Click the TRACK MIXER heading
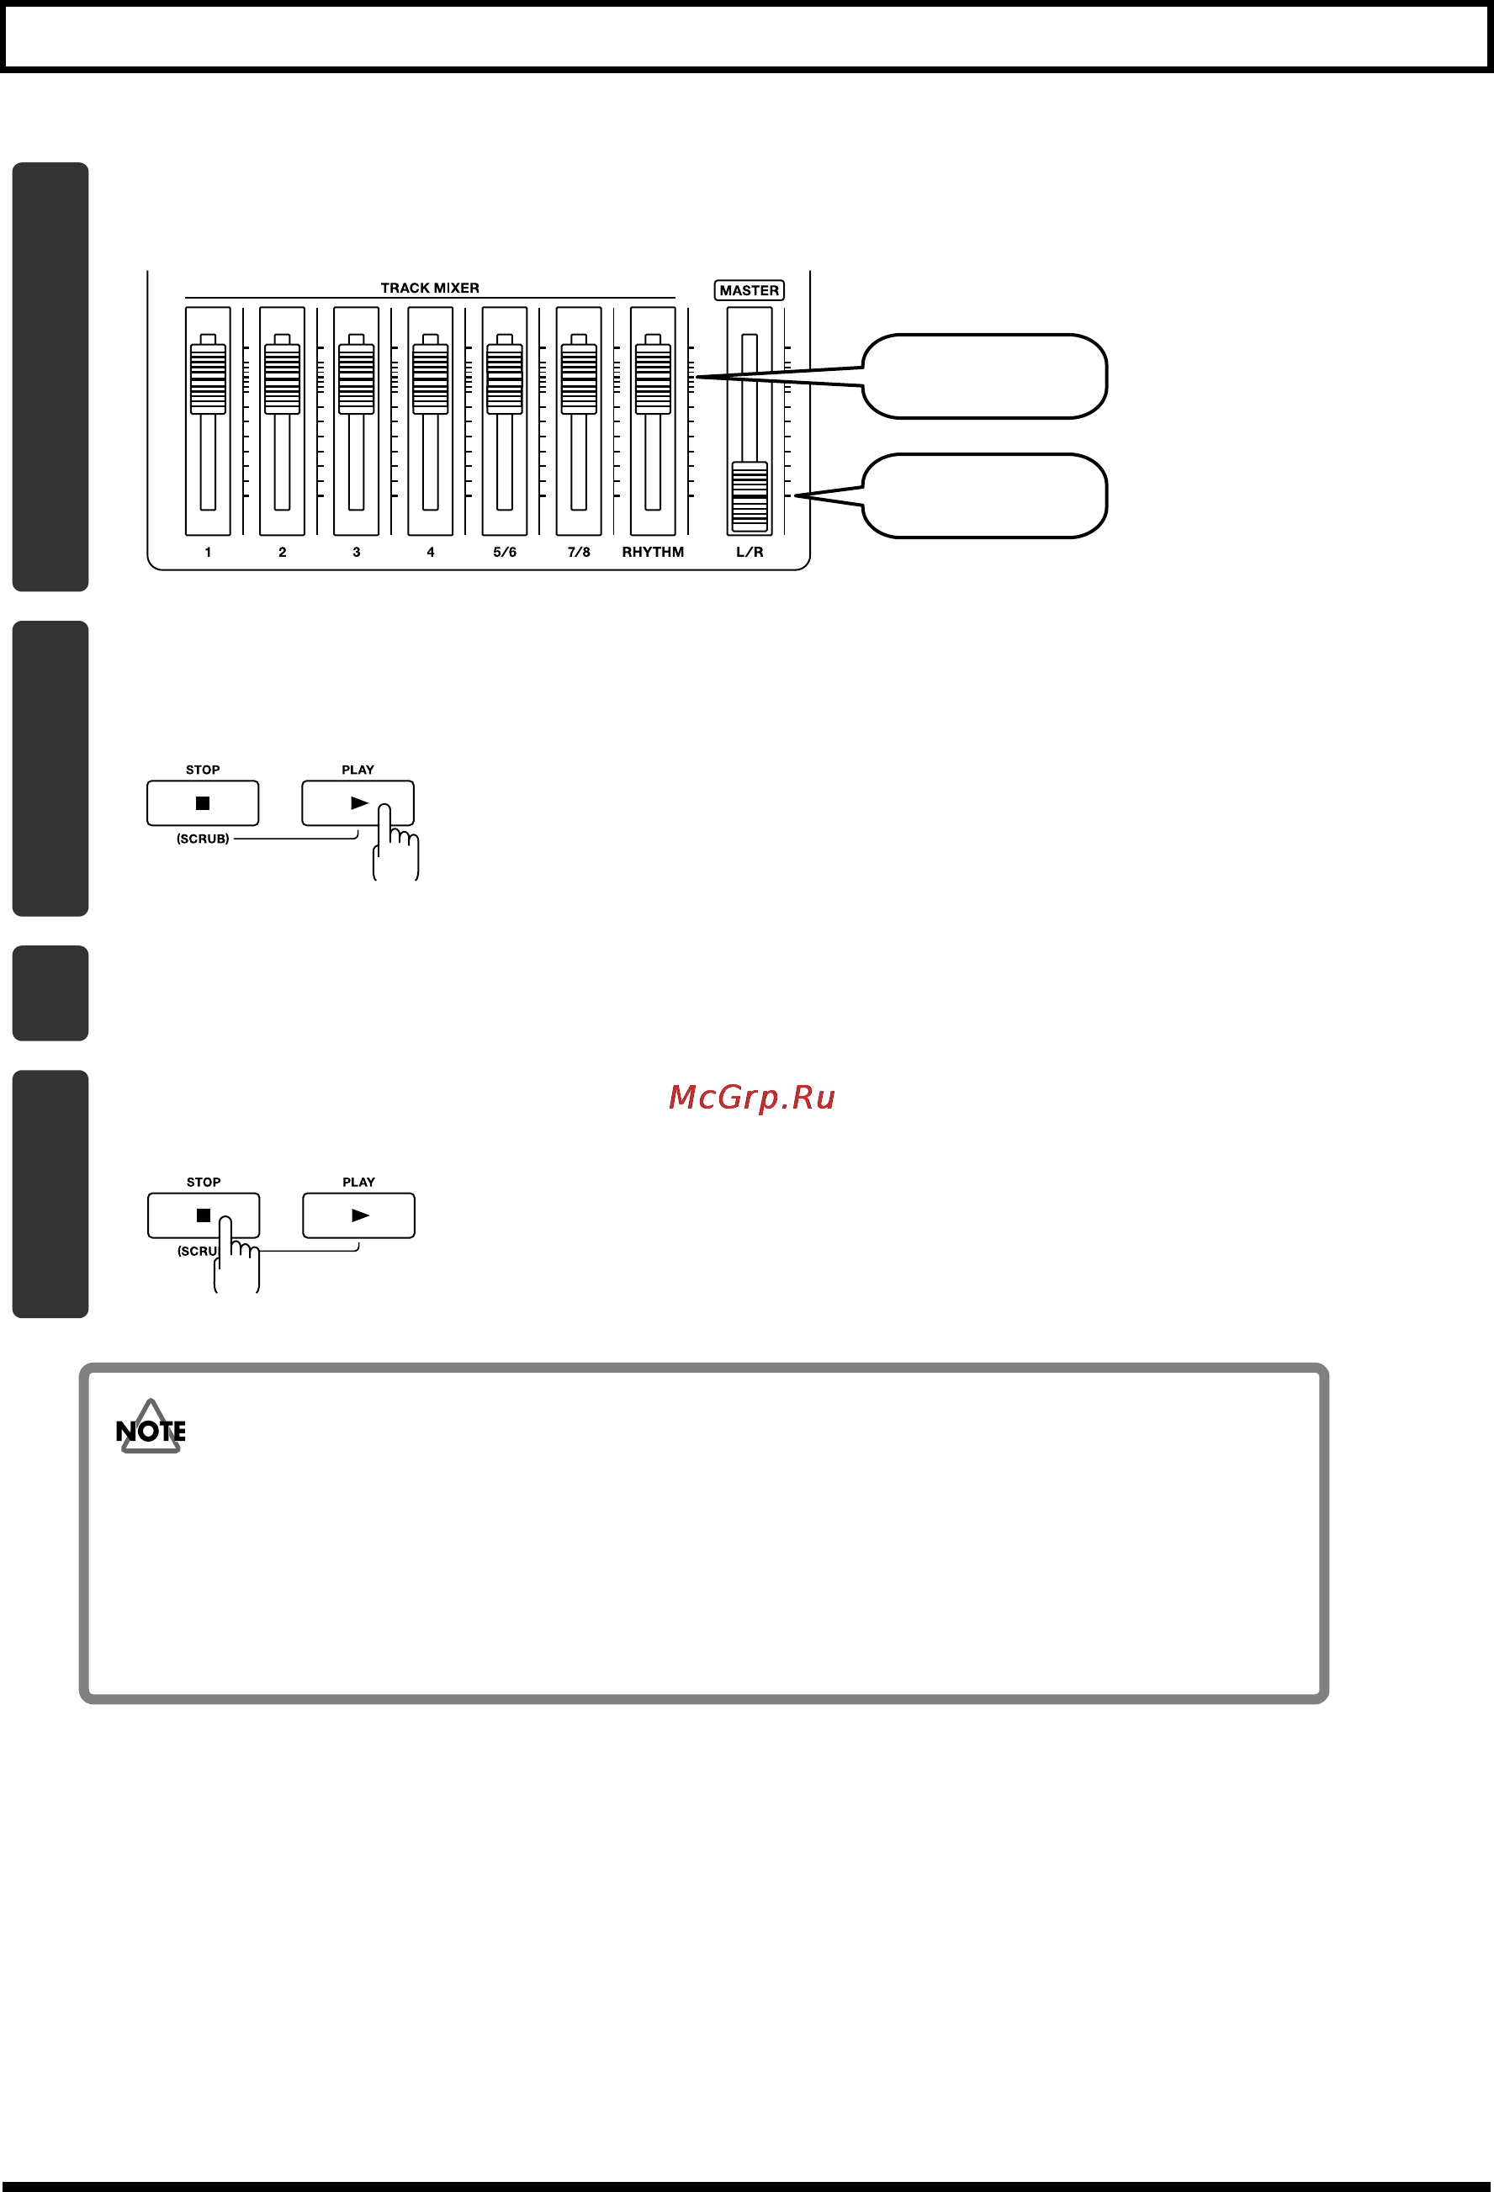click(x=430, y=288)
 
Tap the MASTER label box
click(x=750, y=290)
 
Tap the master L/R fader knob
click(x=750, y=497)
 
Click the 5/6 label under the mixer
click(x=505, y=552)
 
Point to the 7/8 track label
click(x=579, y=552)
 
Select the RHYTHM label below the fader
click(x=653, y=552)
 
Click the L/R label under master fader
click(x=750, y=552)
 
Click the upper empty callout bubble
click(x=983, y=376)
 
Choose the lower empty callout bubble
click(x=983, y=496)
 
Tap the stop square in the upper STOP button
click(x=203, y=803)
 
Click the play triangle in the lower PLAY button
click(x=360, y=1215)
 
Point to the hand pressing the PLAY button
click(x=395, y=842)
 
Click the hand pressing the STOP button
click(x=236, y=1254)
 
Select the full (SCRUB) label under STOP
click(x=203, y=839)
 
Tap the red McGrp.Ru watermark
click(x=752, y=1097)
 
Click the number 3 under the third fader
click(x=357, y=552)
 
